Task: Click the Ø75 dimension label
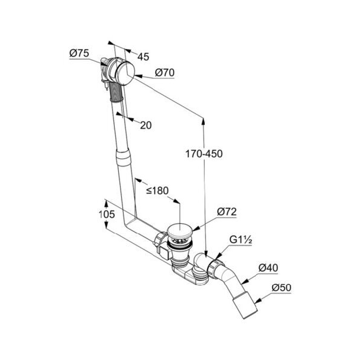pos(79,53)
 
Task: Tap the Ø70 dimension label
pos(165,72)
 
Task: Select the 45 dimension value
pos(143,57)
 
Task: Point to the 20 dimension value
pos(146,126)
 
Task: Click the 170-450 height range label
pos(204,154)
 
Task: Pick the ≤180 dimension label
pos(157,190)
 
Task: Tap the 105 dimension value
pos(107,215)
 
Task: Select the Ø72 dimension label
pos(227,211)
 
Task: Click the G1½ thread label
pos(241,240)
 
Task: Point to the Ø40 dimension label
pos(268,268)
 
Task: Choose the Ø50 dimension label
pos(282,288)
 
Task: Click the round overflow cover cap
pos(125,73)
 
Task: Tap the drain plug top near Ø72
pos(180,230)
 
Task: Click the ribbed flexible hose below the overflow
pos(116,92)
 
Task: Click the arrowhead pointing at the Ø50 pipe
pos(258,300)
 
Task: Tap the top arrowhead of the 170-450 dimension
pos(203,121)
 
